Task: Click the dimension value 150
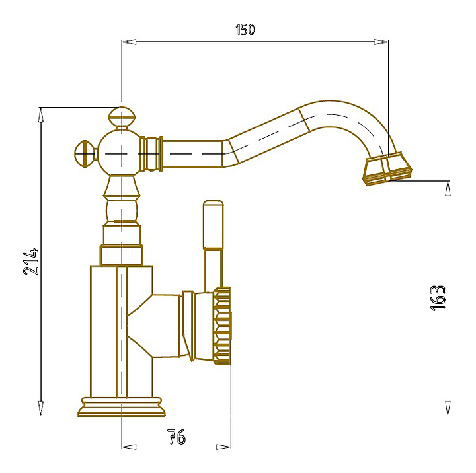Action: (x=245, y=30)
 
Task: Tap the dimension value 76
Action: (x=176, y=437)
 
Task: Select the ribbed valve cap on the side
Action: (x=223, y=325)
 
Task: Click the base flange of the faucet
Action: (x=121, y=406)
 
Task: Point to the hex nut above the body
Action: (x=122, y=256)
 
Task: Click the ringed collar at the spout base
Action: (x=152, y=153)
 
